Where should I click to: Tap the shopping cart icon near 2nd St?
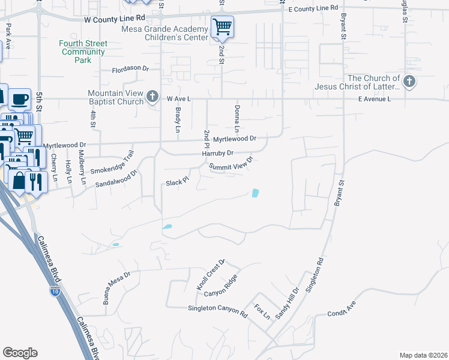pos(222,26)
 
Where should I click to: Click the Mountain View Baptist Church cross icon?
pos(152,96)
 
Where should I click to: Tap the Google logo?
pos(20,353)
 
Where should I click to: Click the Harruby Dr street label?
pos(217,154)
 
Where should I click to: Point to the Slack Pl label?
pos(177,181)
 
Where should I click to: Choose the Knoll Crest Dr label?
pos(210,275)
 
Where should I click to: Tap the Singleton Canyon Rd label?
pos(217,311)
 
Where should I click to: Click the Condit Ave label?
pos(342,313)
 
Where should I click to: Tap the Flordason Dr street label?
pos(130,69)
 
